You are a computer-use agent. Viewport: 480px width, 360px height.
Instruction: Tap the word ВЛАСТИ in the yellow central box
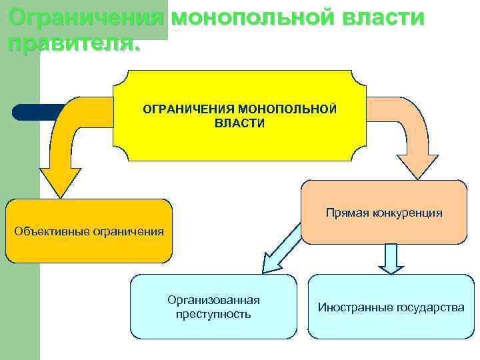point(239,123)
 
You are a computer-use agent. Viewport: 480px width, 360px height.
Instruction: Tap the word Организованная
point(213,300)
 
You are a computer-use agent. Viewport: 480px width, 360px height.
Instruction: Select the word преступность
point(213,314)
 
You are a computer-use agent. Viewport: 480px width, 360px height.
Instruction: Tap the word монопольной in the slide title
point(254,17)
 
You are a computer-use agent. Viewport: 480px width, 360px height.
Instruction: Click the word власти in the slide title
point(383,17)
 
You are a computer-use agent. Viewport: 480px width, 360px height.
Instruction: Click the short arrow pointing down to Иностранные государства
point(391,259)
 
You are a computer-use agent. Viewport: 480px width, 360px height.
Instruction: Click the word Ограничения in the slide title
point(86,17)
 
